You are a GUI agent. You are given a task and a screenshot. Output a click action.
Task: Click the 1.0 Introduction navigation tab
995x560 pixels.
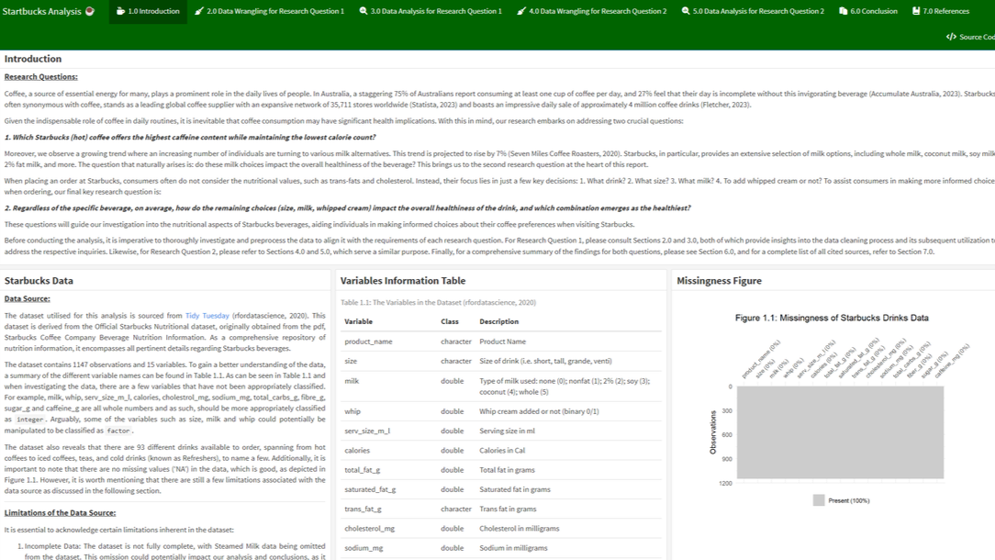tap(148, 11)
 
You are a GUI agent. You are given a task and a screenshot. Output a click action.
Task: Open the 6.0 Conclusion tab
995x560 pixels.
tap(867, 11)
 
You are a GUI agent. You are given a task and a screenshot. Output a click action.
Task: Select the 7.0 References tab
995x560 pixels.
tap(940, 11)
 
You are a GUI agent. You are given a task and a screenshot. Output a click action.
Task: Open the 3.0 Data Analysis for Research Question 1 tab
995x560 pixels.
tap(430, 11)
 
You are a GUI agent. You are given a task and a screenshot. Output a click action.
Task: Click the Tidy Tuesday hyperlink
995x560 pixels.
tap(207, 316)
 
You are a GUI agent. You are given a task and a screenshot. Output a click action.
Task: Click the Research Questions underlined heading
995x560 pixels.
tap(40, 77)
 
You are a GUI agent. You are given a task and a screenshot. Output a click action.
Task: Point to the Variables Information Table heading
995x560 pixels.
tap(402, 281)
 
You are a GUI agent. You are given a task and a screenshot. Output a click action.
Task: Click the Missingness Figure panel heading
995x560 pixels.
tap(719, 281)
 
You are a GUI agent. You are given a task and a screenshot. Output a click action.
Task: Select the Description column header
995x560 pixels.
tap(498, 321)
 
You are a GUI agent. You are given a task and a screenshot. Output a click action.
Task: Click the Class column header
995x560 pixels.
tap(449, 321)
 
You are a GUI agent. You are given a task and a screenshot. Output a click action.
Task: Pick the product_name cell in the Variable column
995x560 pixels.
tap(368, 342)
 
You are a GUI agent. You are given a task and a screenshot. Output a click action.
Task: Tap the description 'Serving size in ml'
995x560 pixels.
tap(507, 431)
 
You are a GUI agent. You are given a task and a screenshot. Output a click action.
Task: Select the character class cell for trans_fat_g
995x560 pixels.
tap(455, 509)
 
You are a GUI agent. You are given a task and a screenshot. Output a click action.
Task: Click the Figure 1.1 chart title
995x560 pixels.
tap(831, 318)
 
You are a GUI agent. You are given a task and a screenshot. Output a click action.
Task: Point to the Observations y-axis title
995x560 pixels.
tap(713, 431)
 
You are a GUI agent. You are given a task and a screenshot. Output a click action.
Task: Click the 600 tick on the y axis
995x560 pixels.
tap(727, 435)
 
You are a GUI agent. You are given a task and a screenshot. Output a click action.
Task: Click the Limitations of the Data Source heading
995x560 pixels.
tap(60, 513)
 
